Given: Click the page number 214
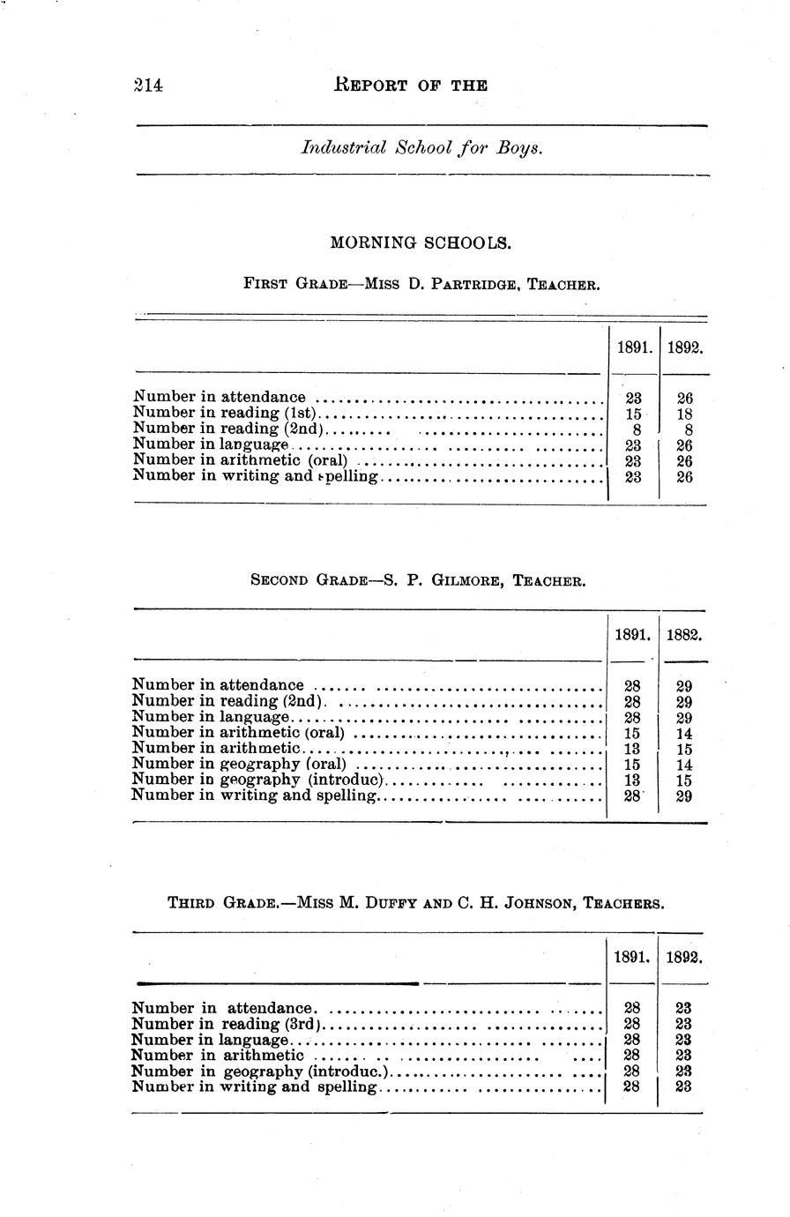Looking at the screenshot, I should [148, 86].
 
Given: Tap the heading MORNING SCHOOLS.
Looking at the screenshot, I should [420, 242].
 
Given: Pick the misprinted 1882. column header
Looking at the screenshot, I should [683, 634].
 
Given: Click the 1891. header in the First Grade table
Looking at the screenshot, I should [634, 347].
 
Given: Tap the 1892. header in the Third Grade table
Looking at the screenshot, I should [683, 957].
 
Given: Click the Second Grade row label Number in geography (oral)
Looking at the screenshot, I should [238, 764].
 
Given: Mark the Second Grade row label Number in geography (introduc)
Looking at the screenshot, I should [257, 780].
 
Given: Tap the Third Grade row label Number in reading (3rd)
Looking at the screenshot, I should [227, 1024].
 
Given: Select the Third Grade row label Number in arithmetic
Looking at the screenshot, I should [217, 1055].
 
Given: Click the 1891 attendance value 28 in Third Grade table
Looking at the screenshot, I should [631, 1007].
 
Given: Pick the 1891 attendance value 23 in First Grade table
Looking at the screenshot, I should [633, 399].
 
